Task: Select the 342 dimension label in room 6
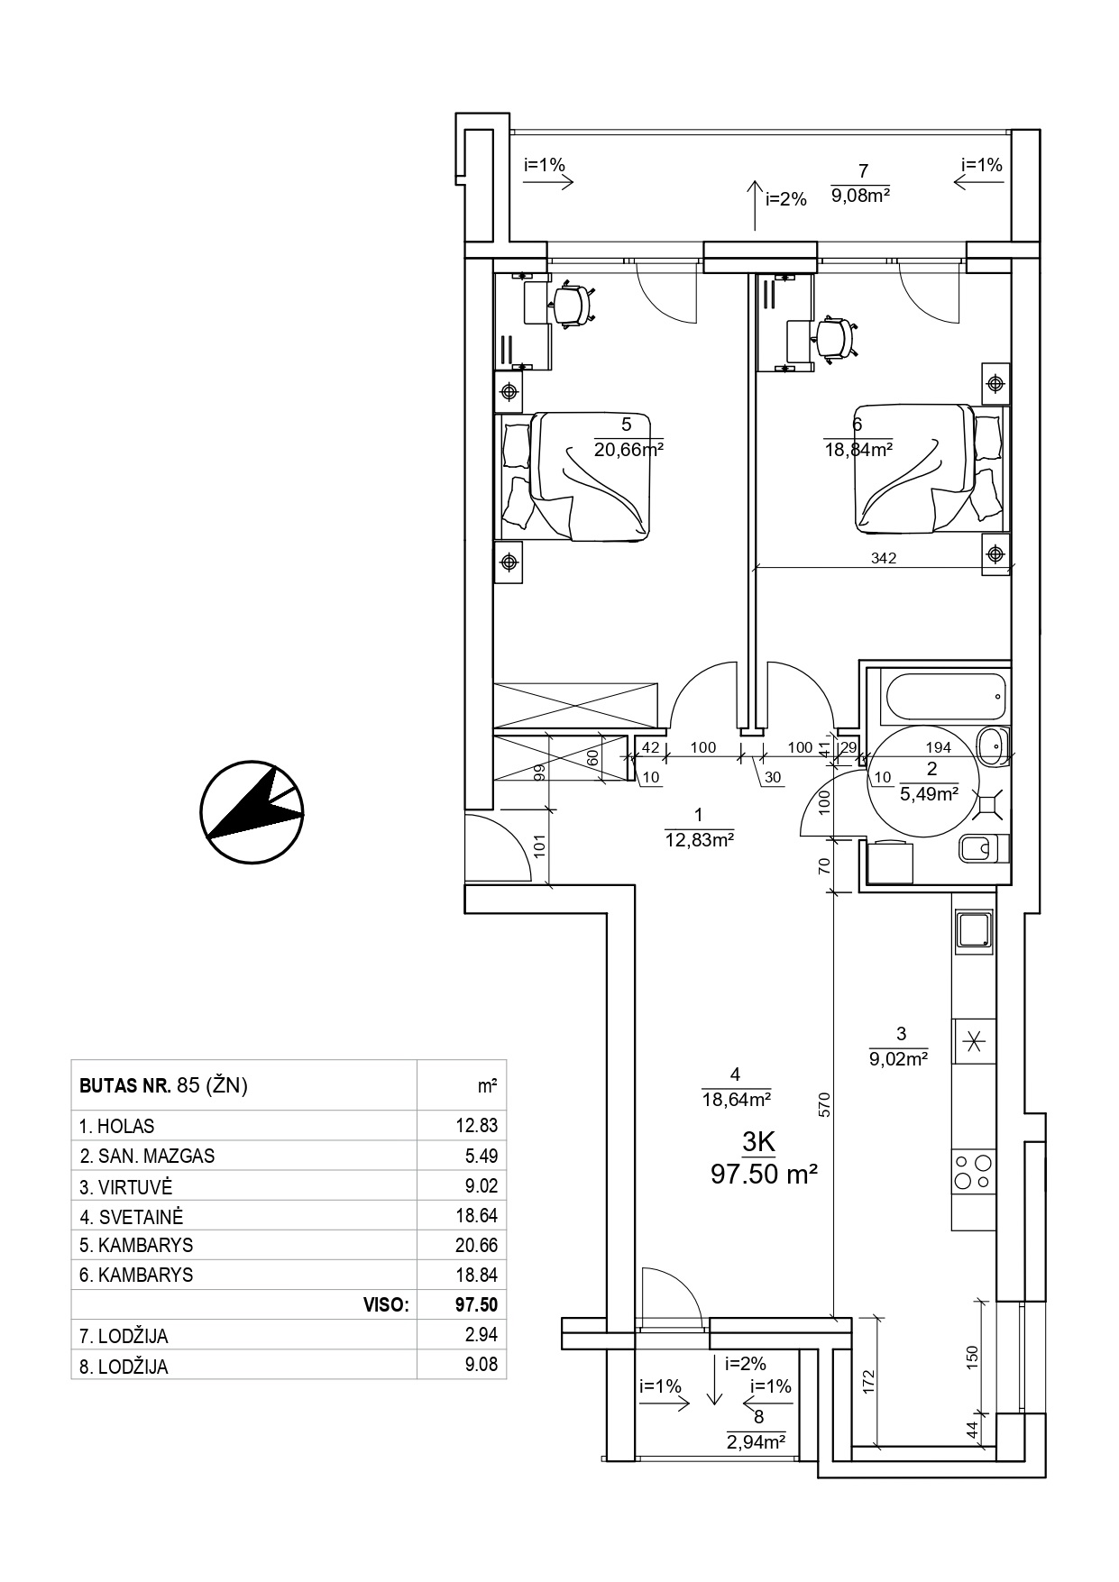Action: pos(884,558)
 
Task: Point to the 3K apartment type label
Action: pos(758,1142)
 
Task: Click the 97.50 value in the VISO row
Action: pos(477,1304)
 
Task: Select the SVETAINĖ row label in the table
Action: pos(131,1216)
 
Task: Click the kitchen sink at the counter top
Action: pos(974,930)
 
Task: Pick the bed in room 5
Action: pos(575,477)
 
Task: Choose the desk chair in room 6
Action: pos(833,339)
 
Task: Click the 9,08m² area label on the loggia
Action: pos(861,194)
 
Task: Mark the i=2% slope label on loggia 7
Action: pos(785,200)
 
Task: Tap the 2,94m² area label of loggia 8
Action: pos(756,1442)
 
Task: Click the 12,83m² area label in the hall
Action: pos(699,840)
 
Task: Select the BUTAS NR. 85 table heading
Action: pos(163,1085)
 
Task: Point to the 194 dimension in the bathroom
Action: pos(939,746)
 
